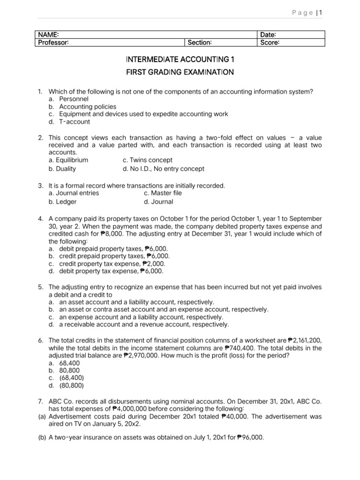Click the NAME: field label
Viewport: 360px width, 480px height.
coord(48,35)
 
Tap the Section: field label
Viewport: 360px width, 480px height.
coord(200,43)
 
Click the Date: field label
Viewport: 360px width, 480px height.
coord(268,35)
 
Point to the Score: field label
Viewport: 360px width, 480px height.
coord(270,43)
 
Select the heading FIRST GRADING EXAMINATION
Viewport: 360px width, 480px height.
coord(180,72)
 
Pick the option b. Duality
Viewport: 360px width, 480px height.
coord(62,169)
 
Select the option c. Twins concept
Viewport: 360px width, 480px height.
coord(147,160)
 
